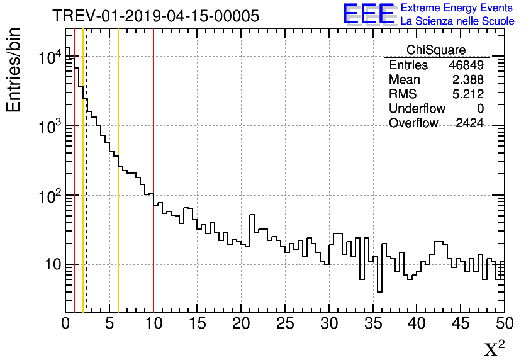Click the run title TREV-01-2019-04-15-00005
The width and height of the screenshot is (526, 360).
(x=155, y=16)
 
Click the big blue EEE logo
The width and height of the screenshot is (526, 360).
(x=369, y=14)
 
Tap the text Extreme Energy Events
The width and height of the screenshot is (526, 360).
(x=457, y=8)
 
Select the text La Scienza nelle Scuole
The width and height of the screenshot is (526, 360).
(x=457, y=21)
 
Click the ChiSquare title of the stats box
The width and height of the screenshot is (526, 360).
(x=436, y=50)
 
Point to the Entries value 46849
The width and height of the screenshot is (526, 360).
(x=466, y=65)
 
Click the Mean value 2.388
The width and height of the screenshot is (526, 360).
(x=467, y=80)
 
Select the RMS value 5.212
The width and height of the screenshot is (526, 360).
(x=467, y=94)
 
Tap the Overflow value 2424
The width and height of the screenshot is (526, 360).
(x=469, y=123)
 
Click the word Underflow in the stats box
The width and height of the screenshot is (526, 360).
(x=417, y=109)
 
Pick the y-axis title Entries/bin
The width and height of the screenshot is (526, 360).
(x=14, y=69)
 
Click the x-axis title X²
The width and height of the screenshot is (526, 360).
(x=494, y=349)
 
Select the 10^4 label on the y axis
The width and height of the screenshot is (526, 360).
(x=50, y=58)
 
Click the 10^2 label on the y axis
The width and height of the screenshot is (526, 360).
(x=50, y=196)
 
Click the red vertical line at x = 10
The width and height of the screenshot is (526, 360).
(x=154, y=252)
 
